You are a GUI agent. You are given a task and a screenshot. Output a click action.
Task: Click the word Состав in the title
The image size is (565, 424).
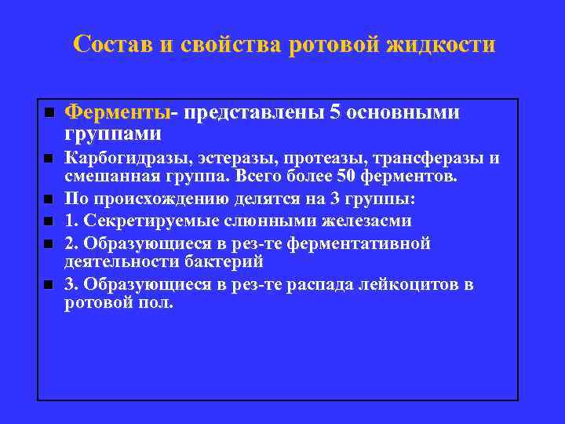coord(112,45)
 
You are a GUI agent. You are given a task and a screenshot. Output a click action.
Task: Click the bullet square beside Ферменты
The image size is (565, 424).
coord(49,113)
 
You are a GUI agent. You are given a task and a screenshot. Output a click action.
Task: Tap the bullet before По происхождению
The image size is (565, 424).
coord(49,199)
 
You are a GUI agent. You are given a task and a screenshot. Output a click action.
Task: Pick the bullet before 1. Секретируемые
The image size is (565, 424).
coord(49,221)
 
